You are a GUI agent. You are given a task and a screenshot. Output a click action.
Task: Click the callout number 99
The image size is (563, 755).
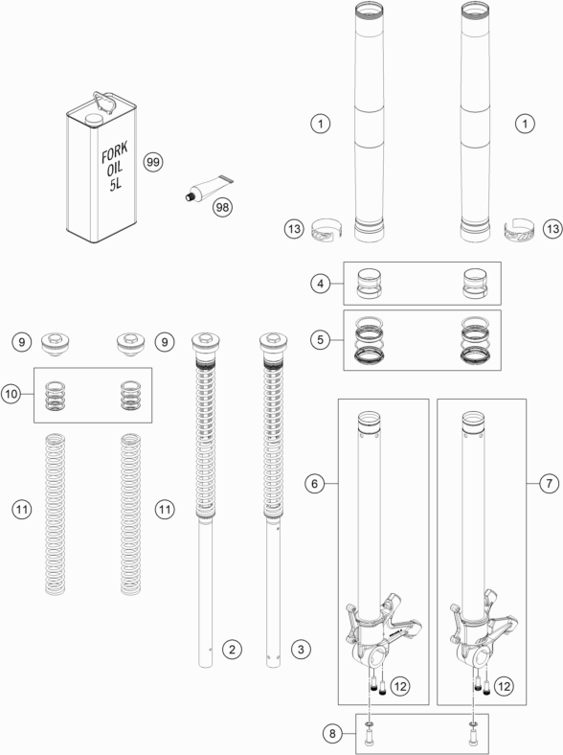[153, 162]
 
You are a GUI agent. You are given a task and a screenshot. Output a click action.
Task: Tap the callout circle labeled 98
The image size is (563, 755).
[222, 208]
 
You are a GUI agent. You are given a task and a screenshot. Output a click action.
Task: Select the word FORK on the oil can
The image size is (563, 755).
[115, 153]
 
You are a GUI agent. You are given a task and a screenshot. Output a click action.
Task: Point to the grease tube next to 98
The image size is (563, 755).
[208, 188]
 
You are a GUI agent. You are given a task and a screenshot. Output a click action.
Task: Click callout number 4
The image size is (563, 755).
[321, 284]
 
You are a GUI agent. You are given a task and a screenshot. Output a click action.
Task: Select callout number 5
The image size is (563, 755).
[321, 340]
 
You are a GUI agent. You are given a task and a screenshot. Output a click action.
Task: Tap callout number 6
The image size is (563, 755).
[315, 483]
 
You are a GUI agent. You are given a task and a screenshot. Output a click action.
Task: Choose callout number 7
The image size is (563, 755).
[549, 483]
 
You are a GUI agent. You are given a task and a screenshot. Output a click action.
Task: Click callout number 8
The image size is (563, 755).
[332, 734]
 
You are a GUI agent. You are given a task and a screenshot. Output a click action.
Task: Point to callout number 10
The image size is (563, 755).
[11, 395]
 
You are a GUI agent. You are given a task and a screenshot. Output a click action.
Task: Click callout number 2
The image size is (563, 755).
[232, 650]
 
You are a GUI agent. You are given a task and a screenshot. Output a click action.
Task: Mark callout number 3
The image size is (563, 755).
[301, 650]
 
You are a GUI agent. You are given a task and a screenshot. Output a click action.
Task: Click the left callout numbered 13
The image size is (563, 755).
[294, 229]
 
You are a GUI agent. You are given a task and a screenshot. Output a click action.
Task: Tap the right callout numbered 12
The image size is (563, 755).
[504, 686]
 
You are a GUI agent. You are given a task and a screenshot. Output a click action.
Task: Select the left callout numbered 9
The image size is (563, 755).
[22, 342]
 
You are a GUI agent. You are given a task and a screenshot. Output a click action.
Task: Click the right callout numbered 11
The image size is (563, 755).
[165, 510]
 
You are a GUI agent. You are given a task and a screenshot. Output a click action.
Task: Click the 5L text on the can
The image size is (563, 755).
[116, 183]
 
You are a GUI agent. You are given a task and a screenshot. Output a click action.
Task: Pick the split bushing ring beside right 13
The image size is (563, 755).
[520, 231]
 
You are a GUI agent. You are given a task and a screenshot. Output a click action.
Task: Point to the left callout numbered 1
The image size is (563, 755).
[321, 124]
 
